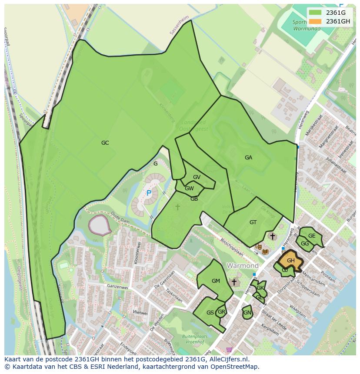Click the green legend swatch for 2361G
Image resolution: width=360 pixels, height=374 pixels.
316,13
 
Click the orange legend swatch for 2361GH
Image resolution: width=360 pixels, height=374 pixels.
316,21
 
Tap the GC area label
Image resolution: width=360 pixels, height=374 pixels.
105,143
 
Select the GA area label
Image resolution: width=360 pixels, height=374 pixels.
248,158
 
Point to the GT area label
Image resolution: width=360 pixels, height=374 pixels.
253,222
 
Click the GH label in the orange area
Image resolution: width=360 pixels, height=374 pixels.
291,261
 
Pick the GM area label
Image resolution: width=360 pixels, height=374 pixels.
216,281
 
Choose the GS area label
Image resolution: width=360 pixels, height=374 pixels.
210,313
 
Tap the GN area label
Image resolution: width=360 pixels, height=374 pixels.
247,313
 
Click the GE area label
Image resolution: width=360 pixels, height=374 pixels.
312,236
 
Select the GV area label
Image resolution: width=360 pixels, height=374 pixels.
197,177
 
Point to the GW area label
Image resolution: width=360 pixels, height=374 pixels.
189,189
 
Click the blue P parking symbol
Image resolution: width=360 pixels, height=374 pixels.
149,193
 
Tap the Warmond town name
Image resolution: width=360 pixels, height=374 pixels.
242,265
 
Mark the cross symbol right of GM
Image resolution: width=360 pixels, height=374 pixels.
234,282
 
